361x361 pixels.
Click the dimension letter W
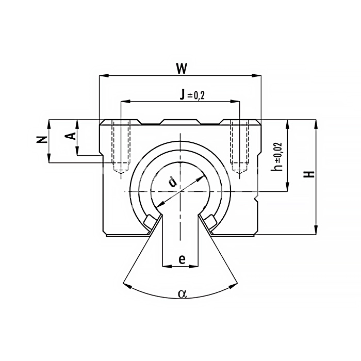[182, 69]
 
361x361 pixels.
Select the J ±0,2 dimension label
[192, 94]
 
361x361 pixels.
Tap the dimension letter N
[42, 140]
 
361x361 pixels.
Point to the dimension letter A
[71, 136]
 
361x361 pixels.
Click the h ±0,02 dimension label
[277, 157]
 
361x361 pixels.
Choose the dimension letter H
[309, 174]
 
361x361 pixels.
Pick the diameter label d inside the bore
[172, 181]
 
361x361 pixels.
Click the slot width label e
[182, 259]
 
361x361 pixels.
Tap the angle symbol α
[183, 293]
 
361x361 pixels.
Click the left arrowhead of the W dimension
[104, 75]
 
